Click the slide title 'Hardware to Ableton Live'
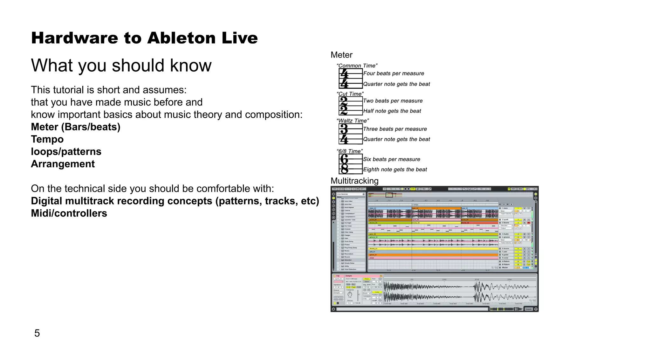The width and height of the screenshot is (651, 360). (144, 38)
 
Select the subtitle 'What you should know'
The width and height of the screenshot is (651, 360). (121, 66)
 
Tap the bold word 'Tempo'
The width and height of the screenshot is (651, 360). (47, 139)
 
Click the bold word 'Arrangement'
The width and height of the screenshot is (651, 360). (63, 164)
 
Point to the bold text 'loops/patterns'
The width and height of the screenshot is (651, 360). (66, 152)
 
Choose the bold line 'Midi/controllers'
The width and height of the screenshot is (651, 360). (69, 213)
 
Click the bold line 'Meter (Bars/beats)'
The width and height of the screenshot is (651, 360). (76, 127)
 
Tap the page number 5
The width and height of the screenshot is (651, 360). (37, 333)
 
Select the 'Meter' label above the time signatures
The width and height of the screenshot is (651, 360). (341, 55)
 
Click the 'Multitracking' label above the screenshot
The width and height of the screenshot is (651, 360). (354, 181)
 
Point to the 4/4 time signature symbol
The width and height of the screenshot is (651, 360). (350, 79)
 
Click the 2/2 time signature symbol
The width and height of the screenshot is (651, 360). (350, 106)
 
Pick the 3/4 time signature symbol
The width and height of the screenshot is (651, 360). (350, 134)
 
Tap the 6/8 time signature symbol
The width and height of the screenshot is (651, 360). (350, 164)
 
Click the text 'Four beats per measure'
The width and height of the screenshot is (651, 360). (394, 73)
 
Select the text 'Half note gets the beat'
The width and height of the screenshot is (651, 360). (392, 111)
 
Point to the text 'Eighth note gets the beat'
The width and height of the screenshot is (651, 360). (395, 170)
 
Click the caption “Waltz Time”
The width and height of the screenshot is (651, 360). (353, 121)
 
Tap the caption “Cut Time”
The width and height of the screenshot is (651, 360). (350, 94)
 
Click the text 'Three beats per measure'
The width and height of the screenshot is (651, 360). (395, 129)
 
